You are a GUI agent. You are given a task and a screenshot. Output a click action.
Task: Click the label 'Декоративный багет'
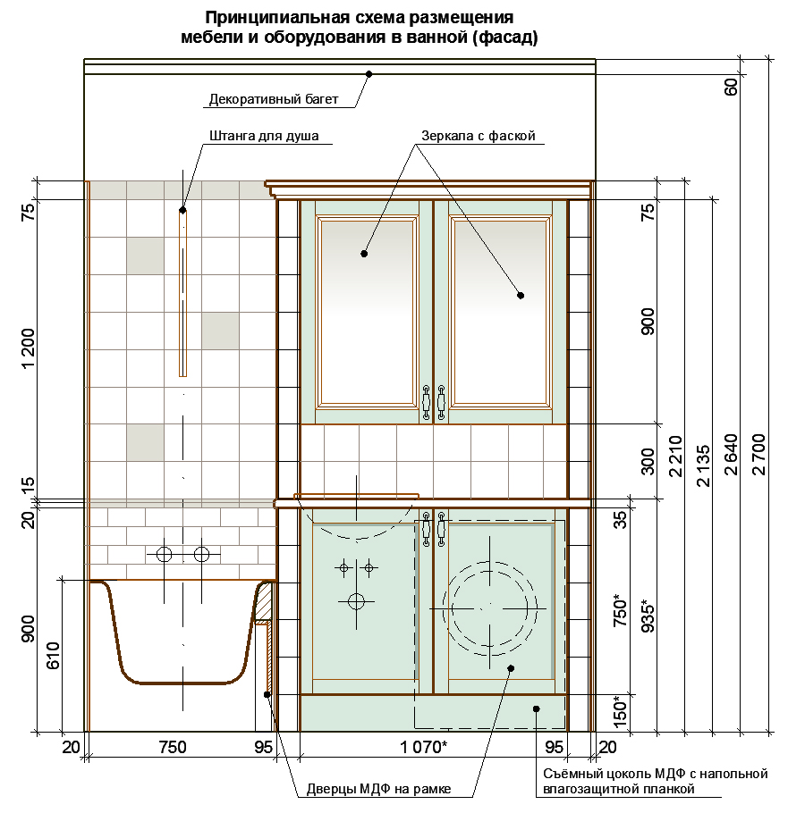[x=274, y=99]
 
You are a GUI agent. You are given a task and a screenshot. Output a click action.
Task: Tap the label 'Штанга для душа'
[x=264, y=136]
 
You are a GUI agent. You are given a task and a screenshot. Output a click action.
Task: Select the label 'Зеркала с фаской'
[x=479, y=136]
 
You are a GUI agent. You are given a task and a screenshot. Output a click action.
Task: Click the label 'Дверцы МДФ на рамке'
[x=378, y=789]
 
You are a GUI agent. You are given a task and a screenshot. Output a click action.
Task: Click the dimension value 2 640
[x=731, y=454]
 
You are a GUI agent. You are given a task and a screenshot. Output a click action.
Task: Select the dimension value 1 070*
[x=423, y=747]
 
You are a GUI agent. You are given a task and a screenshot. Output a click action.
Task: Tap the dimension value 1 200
[x=29, y=348]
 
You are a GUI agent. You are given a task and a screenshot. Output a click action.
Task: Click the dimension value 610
[x=54, y=656]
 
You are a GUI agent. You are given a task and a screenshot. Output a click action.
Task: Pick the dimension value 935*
[x=648, y=616]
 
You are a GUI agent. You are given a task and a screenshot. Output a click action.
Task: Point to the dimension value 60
[x=731, y=87]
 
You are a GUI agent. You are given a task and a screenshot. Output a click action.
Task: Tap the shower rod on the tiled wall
[x=182, y=293]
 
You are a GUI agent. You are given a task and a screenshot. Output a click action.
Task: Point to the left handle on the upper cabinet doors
[x=427, y=402]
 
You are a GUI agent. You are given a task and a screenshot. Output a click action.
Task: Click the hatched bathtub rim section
[x=265, y=601]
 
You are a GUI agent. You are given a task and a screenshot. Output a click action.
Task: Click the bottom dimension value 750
[x=173, y=747]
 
